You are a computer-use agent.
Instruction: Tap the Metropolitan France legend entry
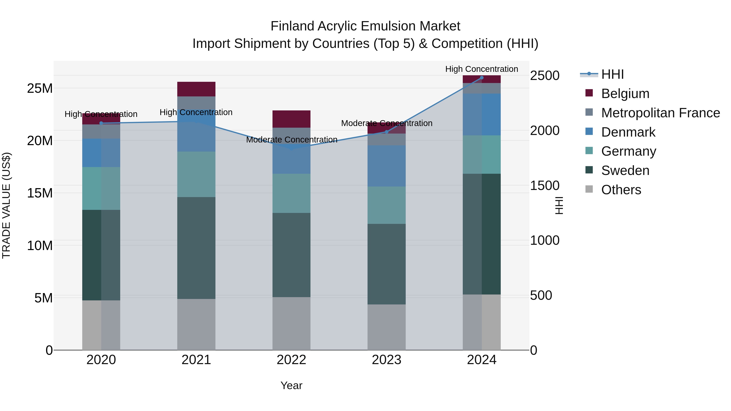coord(660,113)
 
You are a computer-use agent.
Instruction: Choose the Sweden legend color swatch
coord(589,170)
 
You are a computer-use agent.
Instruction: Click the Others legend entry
coord(621,190)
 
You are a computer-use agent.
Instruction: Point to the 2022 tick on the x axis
coord(291,360)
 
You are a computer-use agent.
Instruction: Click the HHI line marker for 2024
coord(482,78)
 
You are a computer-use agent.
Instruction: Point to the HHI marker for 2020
coord(101,123)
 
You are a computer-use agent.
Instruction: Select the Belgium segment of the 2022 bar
coord(291,119)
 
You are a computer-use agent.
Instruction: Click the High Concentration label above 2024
coord(482,69)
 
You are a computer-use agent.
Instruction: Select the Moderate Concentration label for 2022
coord(291,140)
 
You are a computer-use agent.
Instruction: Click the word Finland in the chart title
coord(293,26)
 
